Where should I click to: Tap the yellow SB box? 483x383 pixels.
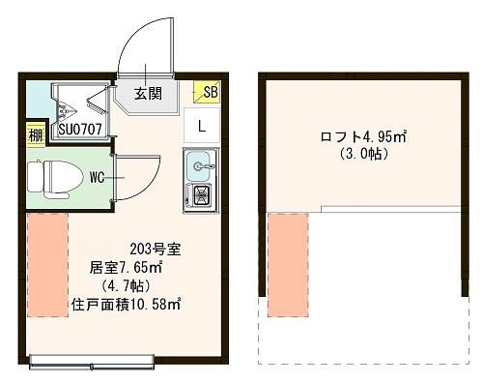[x=207, y=92]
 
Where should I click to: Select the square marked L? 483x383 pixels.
[x=202, y=126]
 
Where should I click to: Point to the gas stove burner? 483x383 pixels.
[x=202, y=195]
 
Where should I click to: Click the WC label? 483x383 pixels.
[x=97, y=178]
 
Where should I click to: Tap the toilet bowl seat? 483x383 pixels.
[x=62, y=177]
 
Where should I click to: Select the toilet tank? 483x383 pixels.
[x=36, y=177]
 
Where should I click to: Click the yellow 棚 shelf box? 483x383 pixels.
[x=36, y=135]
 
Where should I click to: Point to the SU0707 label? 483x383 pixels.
[x=80, y=130]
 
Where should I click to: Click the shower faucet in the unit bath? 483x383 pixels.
[x=66, y=110]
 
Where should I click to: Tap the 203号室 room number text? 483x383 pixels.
[x=156, y=249]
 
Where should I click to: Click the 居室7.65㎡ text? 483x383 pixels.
[x=126, y=268]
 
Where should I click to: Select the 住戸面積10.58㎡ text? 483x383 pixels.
[x=126, y=305]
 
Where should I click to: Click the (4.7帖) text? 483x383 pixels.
[x=126, y=286]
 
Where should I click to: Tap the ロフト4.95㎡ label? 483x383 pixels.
[x=363, y=136]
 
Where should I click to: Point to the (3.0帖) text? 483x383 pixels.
[x=363, y=155]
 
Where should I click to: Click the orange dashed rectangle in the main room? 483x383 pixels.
[x=47, y=265]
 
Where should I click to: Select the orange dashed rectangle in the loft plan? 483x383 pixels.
[x=288, y=265]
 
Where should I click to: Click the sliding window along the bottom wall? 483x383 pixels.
[x=92, y=362]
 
